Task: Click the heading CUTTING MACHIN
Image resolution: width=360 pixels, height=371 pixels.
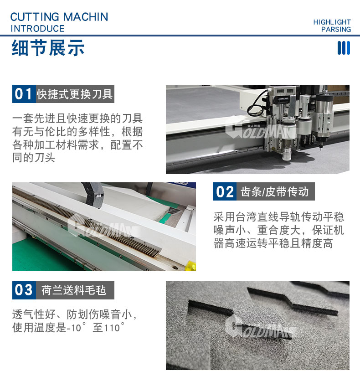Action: (59, 17)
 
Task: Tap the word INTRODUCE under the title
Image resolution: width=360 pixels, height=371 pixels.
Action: (38, 29)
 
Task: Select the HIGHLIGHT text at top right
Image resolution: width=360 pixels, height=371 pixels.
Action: (332, 22)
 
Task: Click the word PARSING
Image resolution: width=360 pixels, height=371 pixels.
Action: (336, 29)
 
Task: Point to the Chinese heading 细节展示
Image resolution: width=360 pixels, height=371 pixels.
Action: (48, 48)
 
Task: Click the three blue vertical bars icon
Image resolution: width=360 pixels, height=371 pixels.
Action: (344, 48)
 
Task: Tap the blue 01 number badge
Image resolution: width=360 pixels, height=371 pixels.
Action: (24, 94)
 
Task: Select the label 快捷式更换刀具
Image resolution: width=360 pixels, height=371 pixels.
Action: (75, 94)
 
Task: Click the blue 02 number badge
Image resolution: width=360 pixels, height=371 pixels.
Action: (225, 191)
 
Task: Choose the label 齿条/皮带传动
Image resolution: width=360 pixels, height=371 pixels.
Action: (275, 191)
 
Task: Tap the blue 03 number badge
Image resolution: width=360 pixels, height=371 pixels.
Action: (24, 290)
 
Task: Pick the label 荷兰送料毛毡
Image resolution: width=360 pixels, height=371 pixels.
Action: (74, 290)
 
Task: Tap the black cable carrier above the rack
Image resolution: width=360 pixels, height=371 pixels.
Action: (94, 195)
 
